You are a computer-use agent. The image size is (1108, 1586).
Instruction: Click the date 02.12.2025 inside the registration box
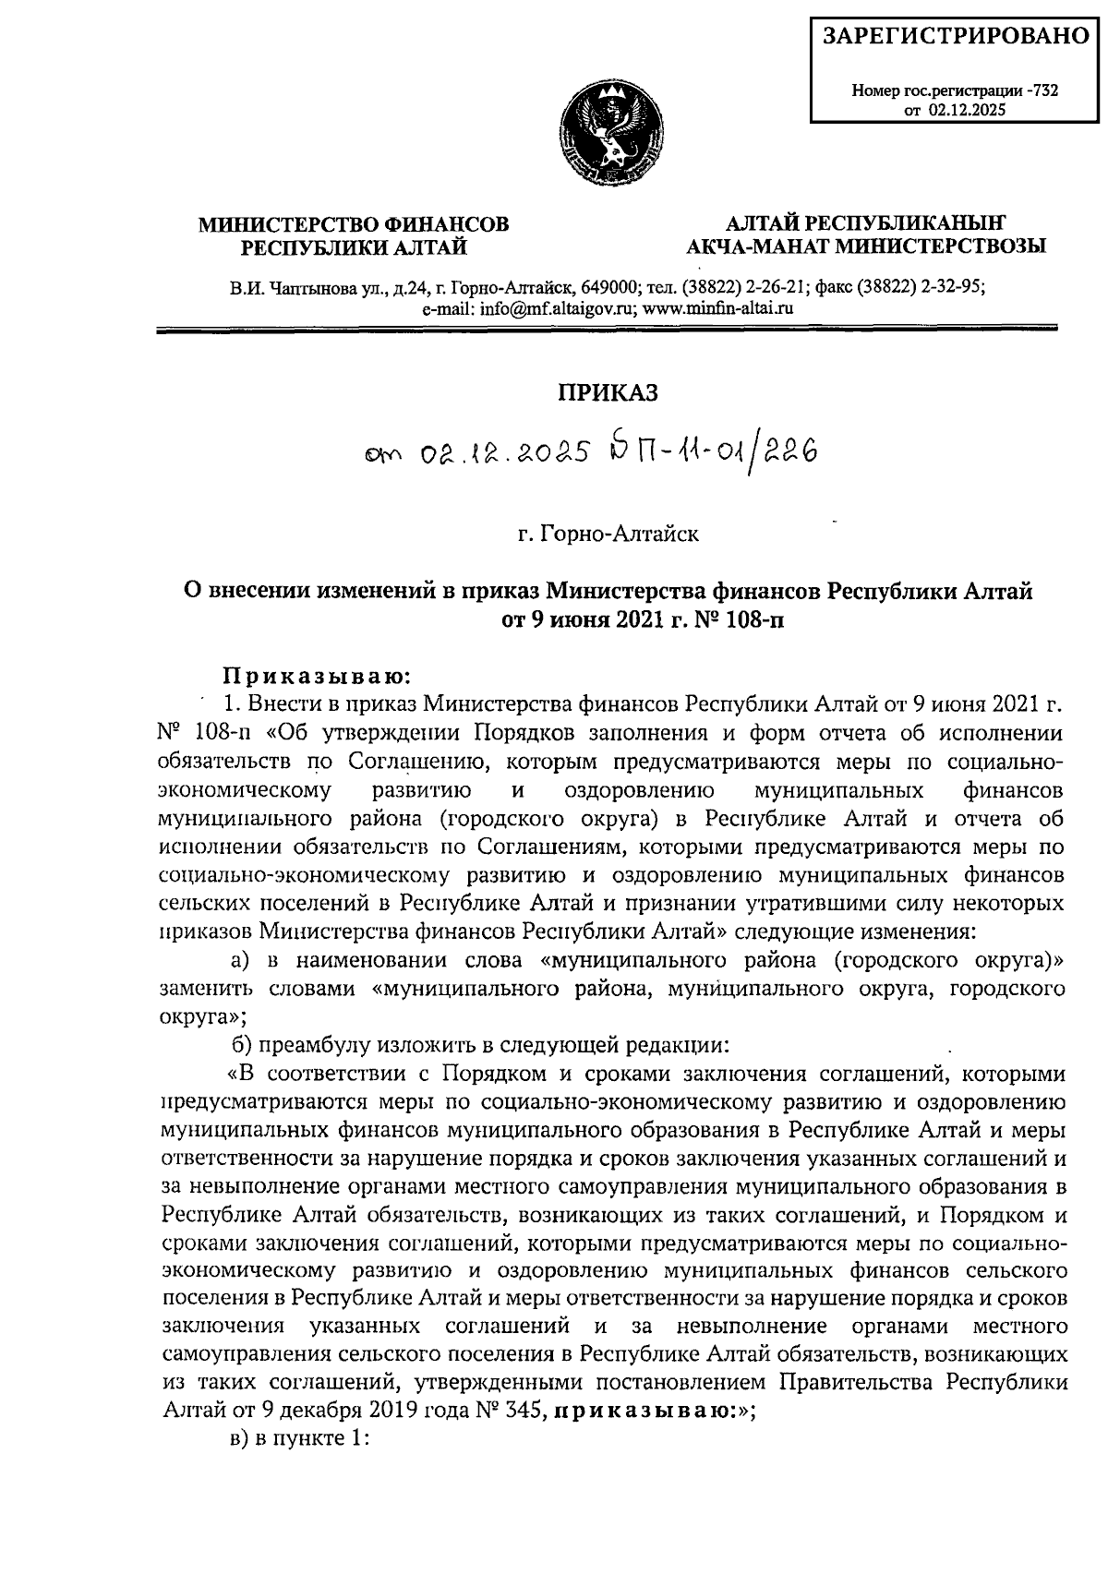click(x=968, y=109)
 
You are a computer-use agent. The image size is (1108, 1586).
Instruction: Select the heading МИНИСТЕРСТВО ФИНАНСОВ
click(x=355, y=223)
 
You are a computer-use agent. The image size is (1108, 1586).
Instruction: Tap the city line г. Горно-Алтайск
click(x=607, y=534)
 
